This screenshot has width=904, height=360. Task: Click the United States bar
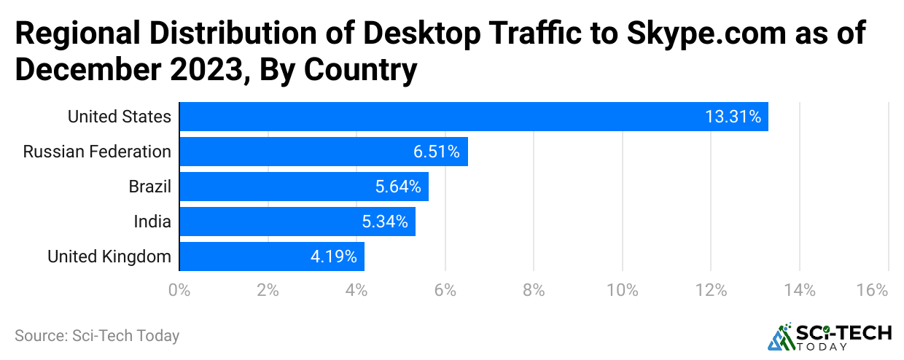[x=474, y=117]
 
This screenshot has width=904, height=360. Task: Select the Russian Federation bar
[x=324, y=152]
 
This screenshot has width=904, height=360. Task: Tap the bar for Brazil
[x=304, y=187]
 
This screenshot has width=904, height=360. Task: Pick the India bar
[x=297, y=222]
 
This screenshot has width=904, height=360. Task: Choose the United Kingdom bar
[x=272, y=257]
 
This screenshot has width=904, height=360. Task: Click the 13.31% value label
[x=733, y=117]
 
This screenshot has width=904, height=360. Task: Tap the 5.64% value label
[x=398, y=187]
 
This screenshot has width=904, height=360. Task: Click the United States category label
[x=120, y=117]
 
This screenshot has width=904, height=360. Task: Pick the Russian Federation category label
[x=97, y=152]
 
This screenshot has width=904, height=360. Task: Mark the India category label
[x=152, y=222]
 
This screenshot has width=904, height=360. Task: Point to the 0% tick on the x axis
[x=179, y=290]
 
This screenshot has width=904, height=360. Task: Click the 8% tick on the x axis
[x=534, y=290]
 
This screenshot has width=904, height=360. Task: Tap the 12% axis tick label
[x=711, y=290]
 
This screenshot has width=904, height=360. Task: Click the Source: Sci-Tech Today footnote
[x=97, y=336]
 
